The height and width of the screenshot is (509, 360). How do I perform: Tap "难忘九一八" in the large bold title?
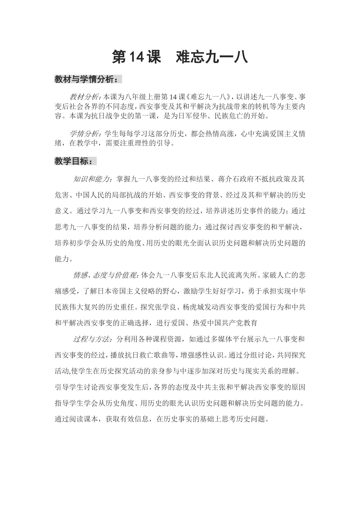212,57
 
